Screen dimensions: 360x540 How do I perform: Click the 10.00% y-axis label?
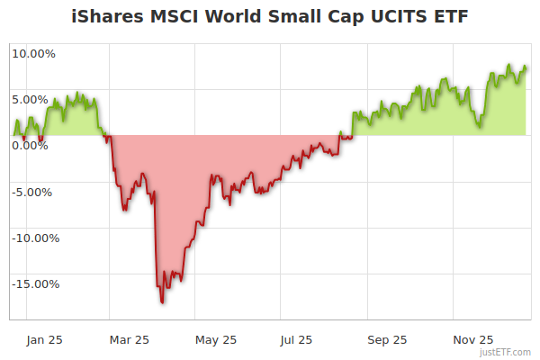coord(33,53)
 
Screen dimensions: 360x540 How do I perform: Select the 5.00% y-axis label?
coord(33,99)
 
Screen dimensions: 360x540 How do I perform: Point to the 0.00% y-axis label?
coord(33,145)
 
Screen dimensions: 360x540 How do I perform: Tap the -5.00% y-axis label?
coord(33,192)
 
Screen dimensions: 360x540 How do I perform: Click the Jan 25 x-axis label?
coord(43,340)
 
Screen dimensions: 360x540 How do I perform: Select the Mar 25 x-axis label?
coord(129,340)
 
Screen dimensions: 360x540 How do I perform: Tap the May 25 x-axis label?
coord(216,340)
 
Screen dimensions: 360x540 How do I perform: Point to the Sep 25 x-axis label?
coord(387,340)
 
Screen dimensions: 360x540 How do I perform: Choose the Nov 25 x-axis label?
coord(472,340)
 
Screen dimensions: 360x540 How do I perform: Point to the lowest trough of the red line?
coord(162,302)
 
